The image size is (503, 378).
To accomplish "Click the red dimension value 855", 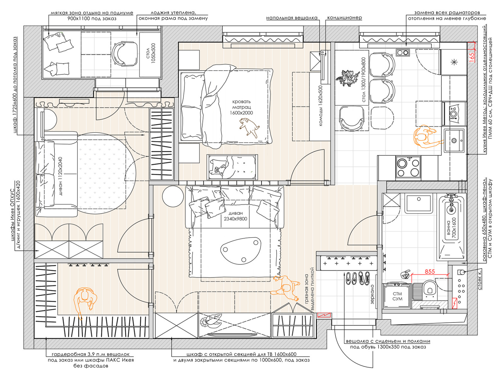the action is [429, 272].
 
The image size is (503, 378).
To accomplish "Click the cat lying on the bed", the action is [249, 127].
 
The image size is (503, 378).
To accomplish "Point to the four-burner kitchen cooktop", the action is [408, 167].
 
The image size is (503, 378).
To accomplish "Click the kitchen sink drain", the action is [454, 141].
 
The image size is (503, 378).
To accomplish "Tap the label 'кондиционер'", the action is [345, 18].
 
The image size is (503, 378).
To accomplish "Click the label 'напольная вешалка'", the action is [292, 18].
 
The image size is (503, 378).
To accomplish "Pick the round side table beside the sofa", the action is [173, 196].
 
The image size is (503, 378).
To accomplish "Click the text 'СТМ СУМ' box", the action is [397, 296].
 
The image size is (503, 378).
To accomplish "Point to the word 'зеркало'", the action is [372, 294].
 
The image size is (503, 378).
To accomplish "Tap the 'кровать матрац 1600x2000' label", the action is [241, 107].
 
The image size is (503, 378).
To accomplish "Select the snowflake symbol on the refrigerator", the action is [454, 62].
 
